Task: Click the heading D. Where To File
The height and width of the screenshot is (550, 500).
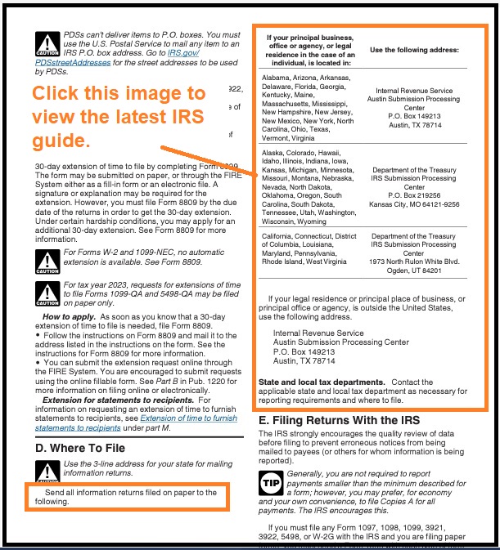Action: tap(79, 447)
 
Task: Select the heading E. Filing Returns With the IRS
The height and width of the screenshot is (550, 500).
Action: tap(339, 420)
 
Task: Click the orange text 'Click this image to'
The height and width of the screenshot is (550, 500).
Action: tap(119, 93)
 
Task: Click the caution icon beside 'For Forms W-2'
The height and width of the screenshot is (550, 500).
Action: tap(46, 258)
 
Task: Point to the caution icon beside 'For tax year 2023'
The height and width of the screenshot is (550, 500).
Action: tap(46, 291)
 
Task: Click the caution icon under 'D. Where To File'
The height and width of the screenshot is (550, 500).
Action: tap(46, 472)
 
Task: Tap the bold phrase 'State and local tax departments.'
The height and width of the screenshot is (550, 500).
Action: tap(321, 382)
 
